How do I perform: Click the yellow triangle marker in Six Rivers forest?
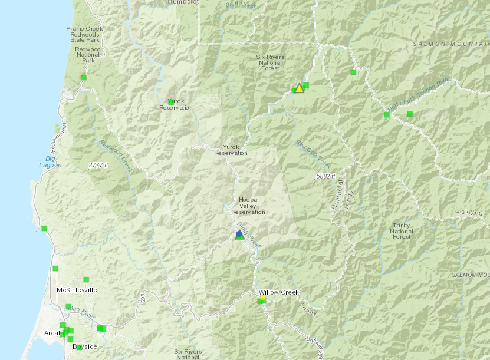coord(299,88)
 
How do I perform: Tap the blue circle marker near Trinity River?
coord(238,234)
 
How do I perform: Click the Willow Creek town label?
coord(278,292)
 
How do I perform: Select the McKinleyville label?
coord(77,290)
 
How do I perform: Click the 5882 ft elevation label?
coord(324,176)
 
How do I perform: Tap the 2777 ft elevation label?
coord(98,165)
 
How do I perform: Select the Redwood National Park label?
coord(88,55)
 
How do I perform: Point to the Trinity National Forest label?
coord(402,231)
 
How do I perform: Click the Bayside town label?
coord(85,346)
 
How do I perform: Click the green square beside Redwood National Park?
coord(84,77)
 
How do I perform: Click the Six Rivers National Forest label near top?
coord(271,62)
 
